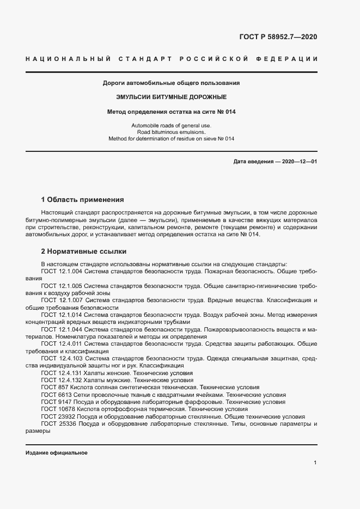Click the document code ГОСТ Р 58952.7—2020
click(x=278, y=37)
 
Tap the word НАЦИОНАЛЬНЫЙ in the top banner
click(x=68, y=59)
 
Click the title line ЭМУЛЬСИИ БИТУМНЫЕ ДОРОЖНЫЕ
click(x=172, y=97)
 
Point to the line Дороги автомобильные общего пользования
click(x=172, y=83)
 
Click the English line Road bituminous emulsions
click(x=172, y=132)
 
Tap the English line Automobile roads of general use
click(x=172, y=126)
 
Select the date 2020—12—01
click(x=299, y=162)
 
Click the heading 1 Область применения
click(x=82, y=200)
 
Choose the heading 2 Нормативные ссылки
click(x=84, y=252)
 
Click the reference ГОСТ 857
click(x=53, y=388)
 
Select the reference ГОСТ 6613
click(x=55, y=395)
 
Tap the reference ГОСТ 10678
click(x=57, y=409)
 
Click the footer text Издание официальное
click(x=57, y=453)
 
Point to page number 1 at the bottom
click(x=315, y=463)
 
